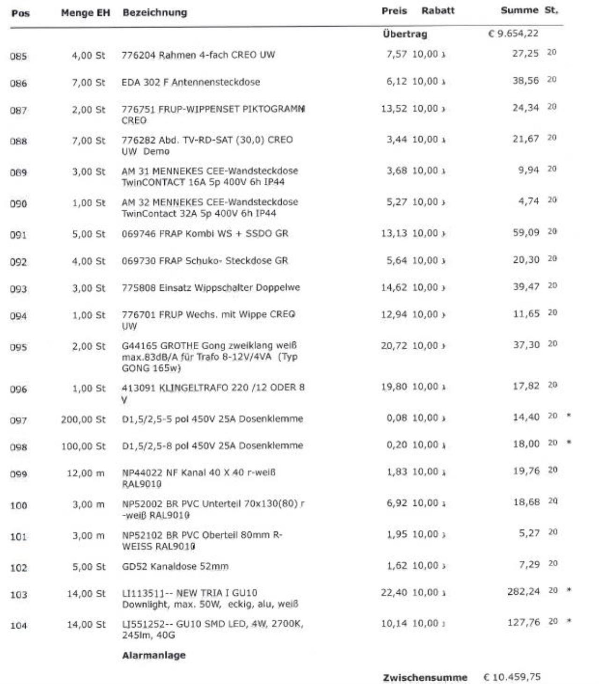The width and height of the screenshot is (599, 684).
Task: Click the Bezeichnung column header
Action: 154,13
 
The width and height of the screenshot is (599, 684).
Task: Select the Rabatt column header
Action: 438,11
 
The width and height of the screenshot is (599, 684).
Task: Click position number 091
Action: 18,235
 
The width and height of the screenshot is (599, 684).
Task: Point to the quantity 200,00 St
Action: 83,419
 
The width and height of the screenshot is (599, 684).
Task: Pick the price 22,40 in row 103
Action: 394,592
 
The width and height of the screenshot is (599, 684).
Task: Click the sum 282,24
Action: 523,591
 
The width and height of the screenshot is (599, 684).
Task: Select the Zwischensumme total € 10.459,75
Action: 511,677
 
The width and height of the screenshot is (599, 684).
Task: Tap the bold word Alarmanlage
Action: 153,655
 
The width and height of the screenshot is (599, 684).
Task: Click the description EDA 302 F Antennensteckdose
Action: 190,82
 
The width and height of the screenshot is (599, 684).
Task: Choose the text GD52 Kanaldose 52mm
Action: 175,567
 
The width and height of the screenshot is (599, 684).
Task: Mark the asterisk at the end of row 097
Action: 569,416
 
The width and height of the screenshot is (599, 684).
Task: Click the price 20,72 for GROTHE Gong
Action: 394,346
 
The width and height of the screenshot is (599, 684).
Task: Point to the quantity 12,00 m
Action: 86,473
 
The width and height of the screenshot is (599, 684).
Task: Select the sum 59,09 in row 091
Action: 526,232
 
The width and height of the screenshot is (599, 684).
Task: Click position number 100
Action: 18,505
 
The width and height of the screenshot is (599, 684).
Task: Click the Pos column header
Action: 20,13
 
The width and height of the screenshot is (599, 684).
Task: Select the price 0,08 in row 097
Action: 396,418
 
